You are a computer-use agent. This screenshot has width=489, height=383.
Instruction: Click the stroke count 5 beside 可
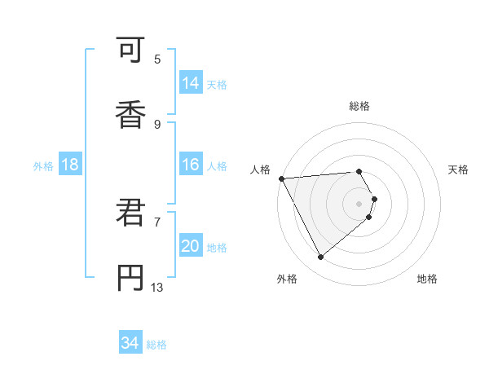pos(157,59)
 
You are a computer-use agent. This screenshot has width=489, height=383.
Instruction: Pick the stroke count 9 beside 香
pos(157,125)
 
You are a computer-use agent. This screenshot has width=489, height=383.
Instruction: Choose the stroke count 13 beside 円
pos(157,287)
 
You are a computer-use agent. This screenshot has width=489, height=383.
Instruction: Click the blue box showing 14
pos(191,83)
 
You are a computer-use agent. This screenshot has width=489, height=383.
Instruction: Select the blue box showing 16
pos(191,165)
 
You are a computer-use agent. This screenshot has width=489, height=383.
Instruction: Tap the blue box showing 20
pos(191,246)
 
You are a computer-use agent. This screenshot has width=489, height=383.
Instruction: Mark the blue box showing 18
pos(70,165)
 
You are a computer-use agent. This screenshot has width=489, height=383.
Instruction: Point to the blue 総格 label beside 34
pos(156,345)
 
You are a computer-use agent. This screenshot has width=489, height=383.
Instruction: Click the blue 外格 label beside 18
pos(43,166)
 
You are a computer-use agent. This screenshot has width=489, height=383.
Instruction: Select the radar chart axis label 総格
pos(359,106)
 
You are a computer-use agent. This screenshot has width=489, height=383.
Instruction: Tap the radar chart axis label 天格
pos(458,169)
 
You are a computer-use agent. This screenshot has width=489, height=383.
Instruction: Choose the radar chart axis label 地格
pos(427,279)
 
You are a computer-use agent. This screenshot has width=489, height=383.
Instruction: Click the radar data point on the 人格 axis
pos(281,178)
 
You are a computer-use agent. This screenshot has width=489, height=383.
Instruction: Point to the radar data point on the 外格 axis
pos(321,258)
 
